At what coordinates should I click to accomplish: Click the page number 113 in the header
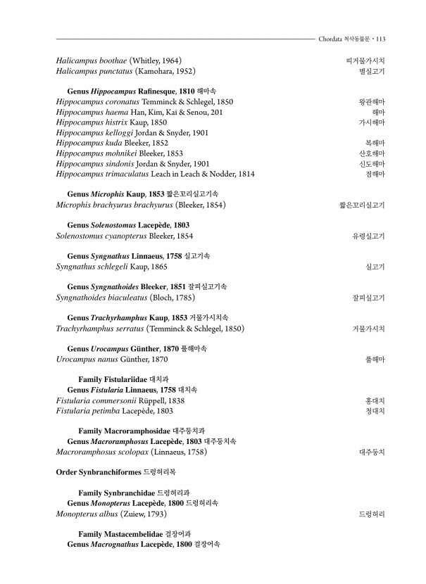(380, 39)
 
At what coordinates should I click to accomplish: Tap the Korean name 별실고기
(372, 72)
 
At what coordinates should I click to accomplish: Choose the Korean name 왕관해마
(372, 102)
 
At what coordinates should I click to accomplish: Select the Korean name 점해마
(375, 174)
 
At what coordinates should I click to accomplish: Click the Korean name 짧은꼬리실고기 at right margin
(362, 205)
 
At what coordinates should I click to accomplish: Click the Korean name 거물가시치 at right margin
(369, 329)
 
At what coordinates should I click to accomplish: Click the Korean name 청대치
(375, 411)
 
